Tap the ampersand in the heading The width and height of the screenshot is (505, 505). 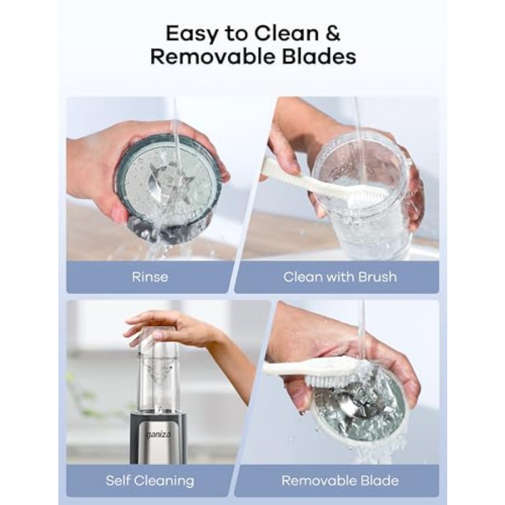(332, 33)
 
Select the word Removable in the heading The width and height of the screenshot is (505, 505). (212, 57)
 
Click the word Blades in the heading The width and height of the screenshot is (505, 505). (319, 57)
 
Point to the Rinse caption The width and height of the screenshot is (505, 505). (150, 277)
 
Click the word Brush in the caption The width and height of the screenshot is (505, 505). (377, 277)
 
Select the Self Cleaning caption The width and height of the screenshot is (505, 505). (150, 480)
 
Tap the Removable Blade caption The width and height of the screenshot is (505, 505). (340, 480)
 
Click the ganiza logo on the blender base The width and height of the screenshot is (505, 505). (158, 435)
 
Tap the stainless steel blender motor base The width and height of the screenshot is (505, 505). (158, 438)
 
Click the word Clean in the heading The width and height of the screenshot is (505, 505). (286, 33)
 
